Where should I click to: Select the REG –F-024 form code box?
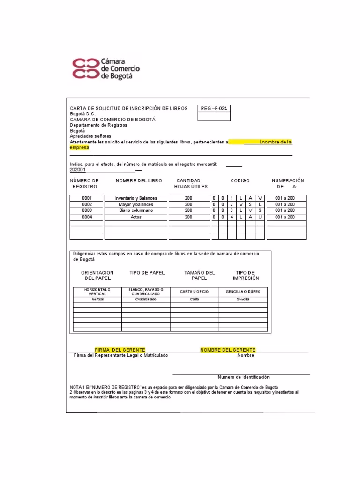(x=214, y=108)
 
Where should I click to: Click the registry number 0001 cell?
(x=87, y=198)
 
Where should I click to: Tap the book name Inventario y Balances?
(x=136, y=198)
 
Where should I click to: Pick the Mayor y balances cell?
(x=136, y=204)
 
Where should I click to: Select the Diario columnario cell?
(x=136, y=210)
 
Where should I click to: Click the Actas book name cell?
(x=136, y=217)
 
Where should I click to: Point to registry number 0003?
(x=87, y=210)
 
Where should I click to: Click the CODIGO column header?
(x=240, y=181)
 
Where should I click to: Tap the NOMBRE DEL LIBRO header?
(x=139, y=181)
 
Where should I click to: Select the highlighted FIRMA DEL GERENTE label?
(x=120, y=350)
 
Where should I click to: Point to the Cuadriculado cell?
(x=146, y=299)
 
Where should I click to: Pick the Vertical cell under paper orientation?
(x=97, y=299)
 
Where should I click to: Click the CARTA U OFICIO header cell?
(x=195, y=292)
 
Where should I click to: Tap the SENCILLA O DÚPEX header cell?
(x=243, y=292)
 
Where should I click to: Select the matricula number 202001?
(x=78, y=170)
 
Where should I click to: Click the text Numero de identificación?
(x=243, y=377)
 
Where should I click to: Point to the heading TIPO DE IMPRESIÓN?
(x=246, y=275)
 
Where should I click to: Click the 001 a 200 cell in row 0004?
(x=285, y=217)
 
